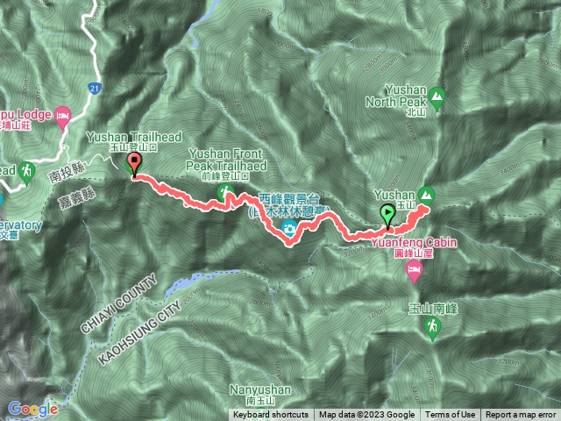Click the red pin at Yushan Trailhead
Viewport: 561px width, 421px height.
(x=134, y=164)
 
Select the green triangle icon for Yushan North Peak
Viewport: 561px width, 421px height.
(x=437, y=96)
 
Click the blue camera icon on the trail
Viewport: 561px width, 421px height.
(x=288, y=231)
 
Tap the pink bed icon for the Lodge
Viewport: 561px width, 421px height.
(x=62, y=115)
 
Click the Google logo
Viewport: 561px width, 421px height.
(x=33, y=409)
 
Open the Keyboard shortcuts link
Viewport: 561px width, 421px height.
(x=271, y=415)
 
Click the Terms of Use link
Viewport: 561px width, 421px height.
(x=451, y=415)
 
